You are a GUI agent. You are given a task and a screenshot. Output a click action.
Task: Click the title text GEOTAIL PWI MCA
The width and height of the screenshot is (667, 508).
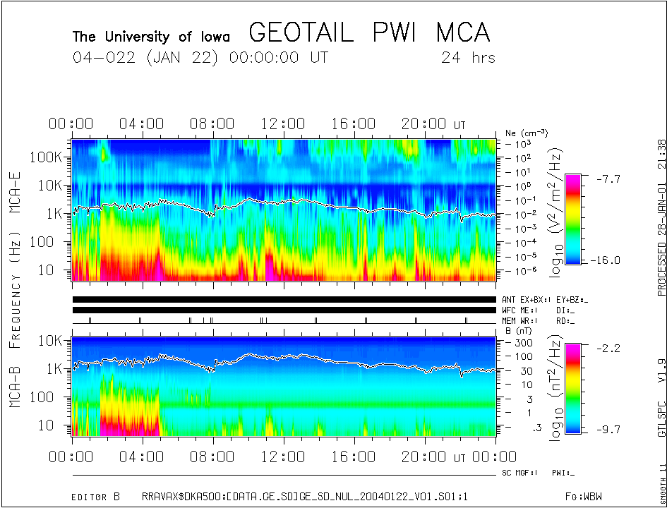click(x=369, y=33)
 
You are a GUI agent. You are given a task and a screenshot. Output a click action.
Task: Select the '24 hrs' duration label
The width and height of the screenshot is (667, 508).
click(x=468, y=58)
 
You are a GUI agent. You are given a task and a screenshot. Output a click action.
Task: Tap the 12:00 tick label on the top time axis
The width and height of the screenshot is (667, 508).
click(x=283, y=124)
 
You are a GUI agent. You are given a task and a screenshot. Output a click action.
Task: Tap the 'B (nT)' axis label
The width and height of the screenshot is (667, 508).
click(x=518, y=329)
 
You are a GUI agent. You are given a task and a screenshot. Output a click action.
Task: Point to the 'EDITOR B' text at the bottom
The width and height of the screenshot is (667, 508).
click(x=96, y=497)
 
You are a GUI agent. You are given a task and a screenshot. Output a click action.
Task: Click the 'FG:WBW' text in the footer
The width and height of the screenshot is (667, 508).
click(x=588, y=497)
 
